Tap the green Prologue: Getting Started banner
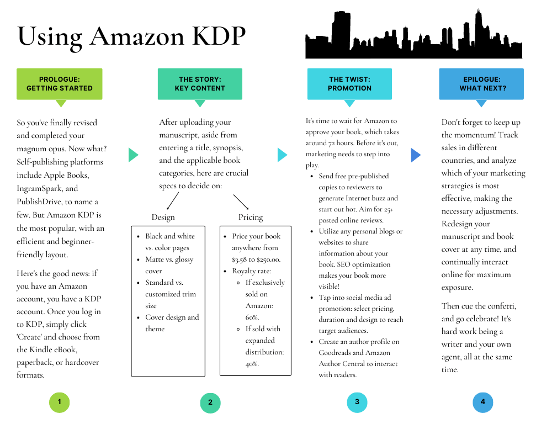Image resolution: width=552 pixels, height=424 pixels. (60, 84)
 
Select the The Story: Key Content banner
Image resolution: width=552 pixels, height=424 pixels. (200, 84)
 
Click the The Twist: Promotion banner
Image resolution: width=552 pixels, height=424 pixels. (349, 84)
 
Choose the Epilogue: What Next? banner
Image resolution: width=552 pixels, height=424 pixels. (481, 84)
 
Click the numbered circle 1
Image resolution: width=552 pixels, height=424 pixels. (60, 402)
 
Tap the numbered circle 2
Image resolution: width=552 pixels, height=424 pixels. (210, 402)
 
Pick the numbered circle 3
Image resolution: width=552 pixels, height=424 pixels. (357, 402)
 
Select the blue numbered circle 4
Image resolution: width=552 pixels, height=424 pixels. (482, 402)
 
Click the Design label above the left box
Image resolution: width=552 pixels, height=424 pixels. (163, 218)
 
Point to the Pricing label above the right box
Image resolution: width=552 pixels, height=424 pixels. (251, 218)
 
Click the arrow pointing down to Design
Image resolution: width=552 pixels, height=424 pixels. (172, 201)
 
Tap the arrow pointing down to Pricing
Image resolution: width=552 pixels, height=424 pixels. (241, 202)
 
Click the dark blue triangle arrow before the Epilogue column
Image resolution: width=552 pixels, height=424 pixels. (416, 155)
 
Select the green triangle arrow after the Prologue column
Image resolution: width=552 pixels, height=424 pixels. (134, 155)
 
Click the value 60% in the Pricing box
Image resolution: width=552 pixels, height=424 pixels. (252, 317)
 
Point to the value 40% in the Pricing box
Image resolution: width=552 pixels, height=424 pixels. (252, 364)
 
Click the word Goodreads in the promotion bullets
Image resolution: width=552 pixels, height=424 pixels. (335, 353)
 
